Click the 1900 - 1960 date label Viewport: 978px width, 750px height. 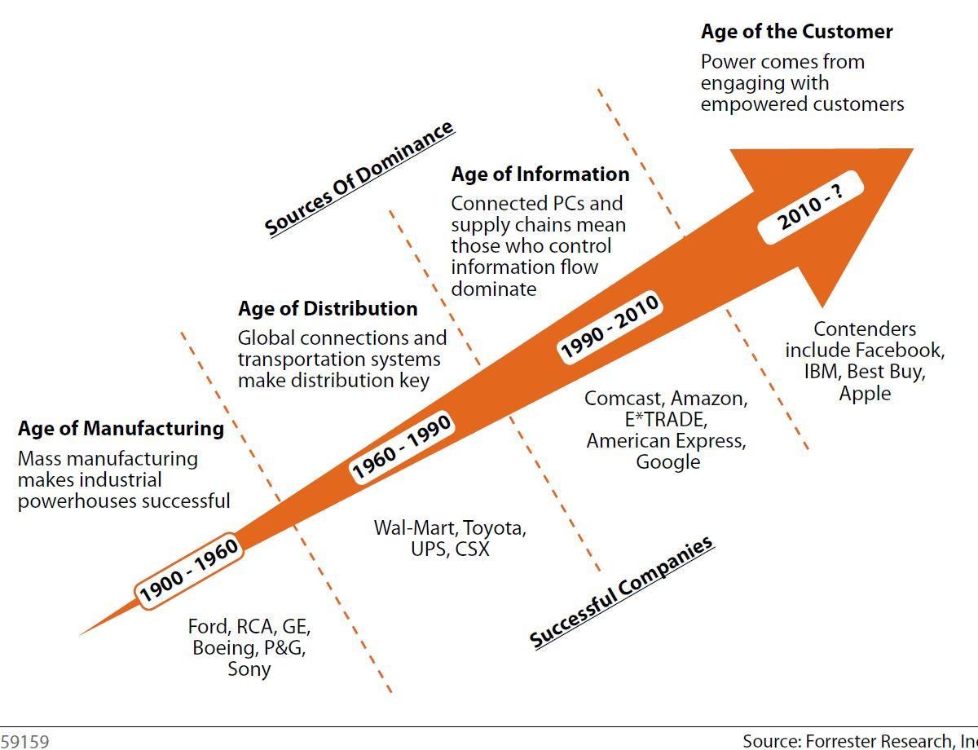point(189,571)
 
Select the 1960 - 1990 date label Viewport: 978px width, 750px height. point(402,447)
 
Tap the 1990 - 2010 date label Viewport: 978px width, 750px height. point(610,327)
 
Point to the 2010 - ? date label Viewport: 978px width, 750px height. point(811,207)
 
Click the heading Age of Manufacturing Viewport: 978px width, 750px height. point(121,429)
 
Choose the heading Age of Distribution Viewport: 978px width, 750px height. point(328,309)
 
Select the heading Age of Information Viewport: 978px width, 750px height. point(540,174)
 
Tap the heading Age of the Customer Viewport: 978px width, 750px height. point(796,32)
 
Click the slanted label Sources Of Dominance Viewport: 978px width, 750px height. point(359,179)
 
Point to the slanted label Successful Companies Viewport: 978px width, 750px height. point(621,592)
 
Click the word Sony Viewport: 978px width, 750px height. point(249,669)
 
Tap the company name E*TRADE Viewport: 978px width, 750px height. point(666,420)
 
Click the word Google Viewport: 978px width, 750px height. point(668,462)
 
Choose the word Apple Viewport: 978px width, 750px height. point(865,394)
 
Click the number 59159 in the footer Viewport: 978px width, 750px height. point(24,742)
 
